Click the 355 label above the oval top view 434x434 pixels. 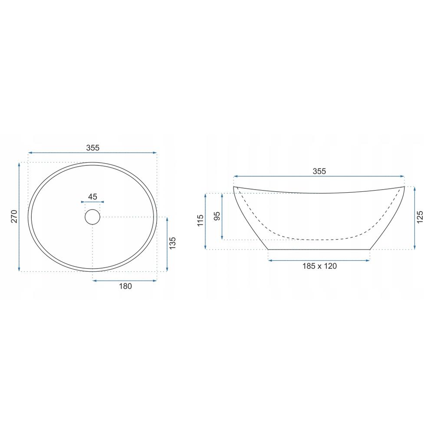pos(92,148)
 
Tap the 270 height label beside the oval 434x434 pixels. pos(14,217)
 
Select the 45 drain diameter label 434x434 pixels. pos(92,197)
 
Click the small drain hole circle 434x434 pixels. pos(92,217)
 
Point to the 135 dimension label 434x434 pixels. pos(172,243)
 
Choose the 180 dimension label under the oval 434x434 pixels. pos(125,286)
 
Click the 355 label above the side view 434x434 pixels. pos(319,171)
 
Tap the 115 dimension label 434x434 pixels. pos(201,220)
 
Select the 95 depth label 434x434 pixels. pos(217,216)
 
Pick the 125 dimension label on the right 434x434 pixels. pos(420,217)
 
